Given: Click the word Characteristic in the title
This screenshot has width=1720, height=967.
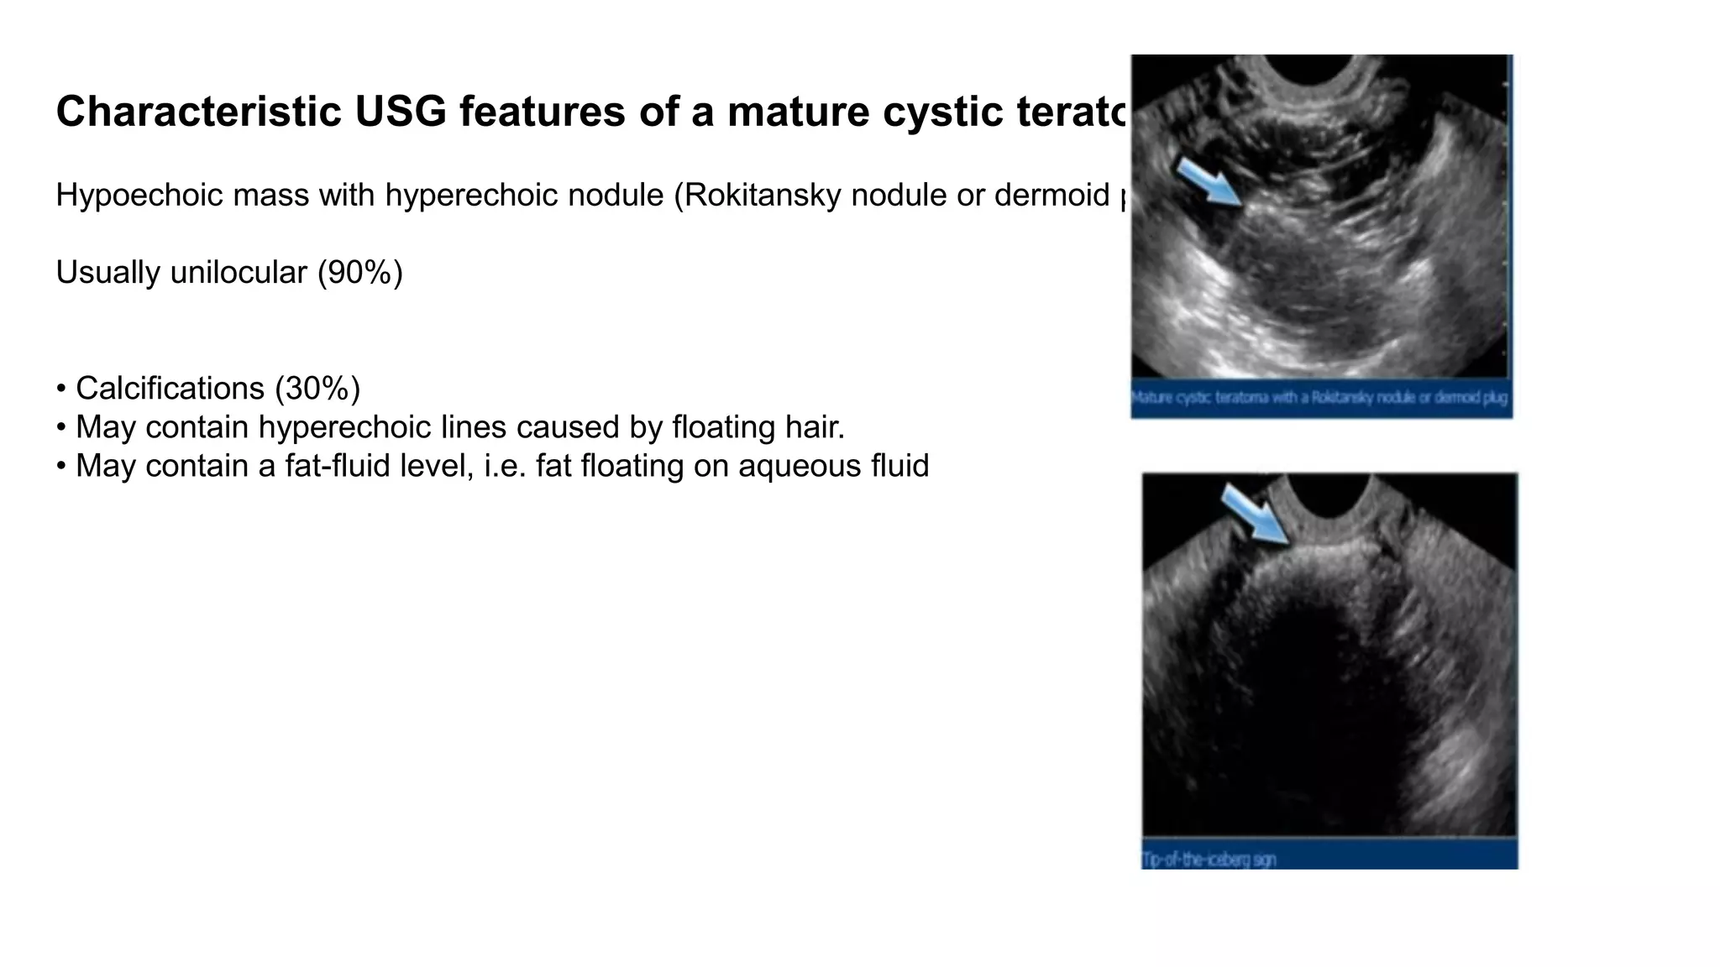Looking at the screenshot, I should point(198,112).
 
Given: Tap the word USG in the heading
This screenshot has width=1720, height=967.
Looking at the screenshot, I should point(401,112).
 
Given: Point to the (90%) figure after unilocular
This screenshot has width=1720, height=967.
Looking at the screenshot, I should point(360,273).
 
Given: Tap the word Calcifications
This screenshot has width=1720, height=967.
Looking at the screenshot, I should point(170,389).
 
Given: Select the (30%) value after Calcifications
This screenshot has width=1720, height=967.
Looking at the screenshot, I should point(317,389).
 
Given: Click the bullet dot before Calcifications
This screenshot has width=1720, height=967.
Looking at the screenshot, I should point(61,389).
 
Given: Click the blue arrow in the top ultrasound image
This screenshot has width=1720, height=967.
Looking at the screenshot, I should point(1208,181).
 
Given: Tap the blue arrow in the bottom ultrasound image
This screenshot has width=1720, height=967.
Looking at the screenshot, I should point(1254,514).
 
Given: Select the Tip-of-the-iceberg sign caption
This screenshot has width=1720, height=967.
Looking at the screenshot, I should point(1209,859).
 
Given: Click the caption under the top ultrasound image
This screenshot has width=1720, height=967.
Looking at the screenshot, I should point(1319,398).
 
